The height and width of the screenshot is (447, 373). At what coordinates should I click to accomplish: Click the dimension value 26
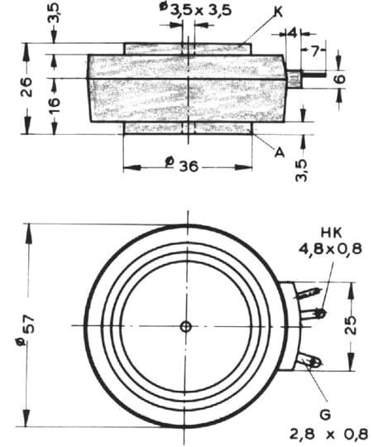pyautogui.click(x=26, y=87)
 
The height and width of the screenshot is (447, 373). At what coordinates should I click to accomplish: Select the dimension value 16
pyautogui.click(x=54, y=102)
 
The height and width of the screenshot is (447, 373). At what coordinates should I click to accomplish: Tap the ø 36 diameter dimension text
pyautogui.click(x=182, y=165)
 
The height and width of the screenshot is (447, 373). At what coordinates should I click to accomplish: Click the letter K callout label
pyautogui.click(x=278, y=12)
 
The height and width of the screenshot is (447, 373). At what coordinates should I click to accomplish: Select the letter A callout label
pyautogui.click(x=280, y=152)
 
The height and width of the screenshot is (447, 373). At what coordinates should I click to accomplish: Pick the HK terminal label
pyautogui.click(x=331, y=233)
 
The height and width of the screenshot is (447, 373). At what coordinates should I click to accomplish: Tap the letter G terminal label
pyautogui.click(x=325, y=414)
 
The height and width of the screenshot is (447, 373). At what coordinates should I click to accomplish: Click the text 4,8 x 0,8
pyautogui.click(x=330, y=249)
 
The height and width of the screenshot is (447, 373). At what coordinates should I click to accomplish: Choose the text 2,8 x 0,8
pyautogui.click(x=329, y=435)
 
